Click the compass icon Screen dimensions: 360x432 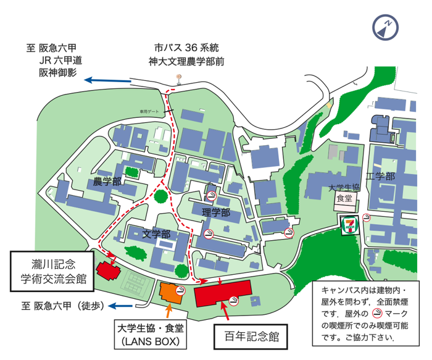point(386,27)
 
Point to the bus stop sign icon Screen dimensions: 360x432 point(179,79)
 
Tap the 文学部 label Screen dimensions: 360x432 point(156,235)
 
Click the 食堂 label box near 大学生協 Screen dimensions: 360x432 point(343,199)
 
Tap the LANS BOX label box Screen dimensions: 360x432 point(147,334)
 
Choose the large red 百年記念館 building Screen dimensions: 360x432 point(223,293)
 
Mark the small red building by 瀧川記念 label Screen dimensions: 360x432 point(106,270)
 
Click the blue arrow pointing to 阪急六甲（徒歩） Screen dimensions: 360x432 point(121,305)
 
